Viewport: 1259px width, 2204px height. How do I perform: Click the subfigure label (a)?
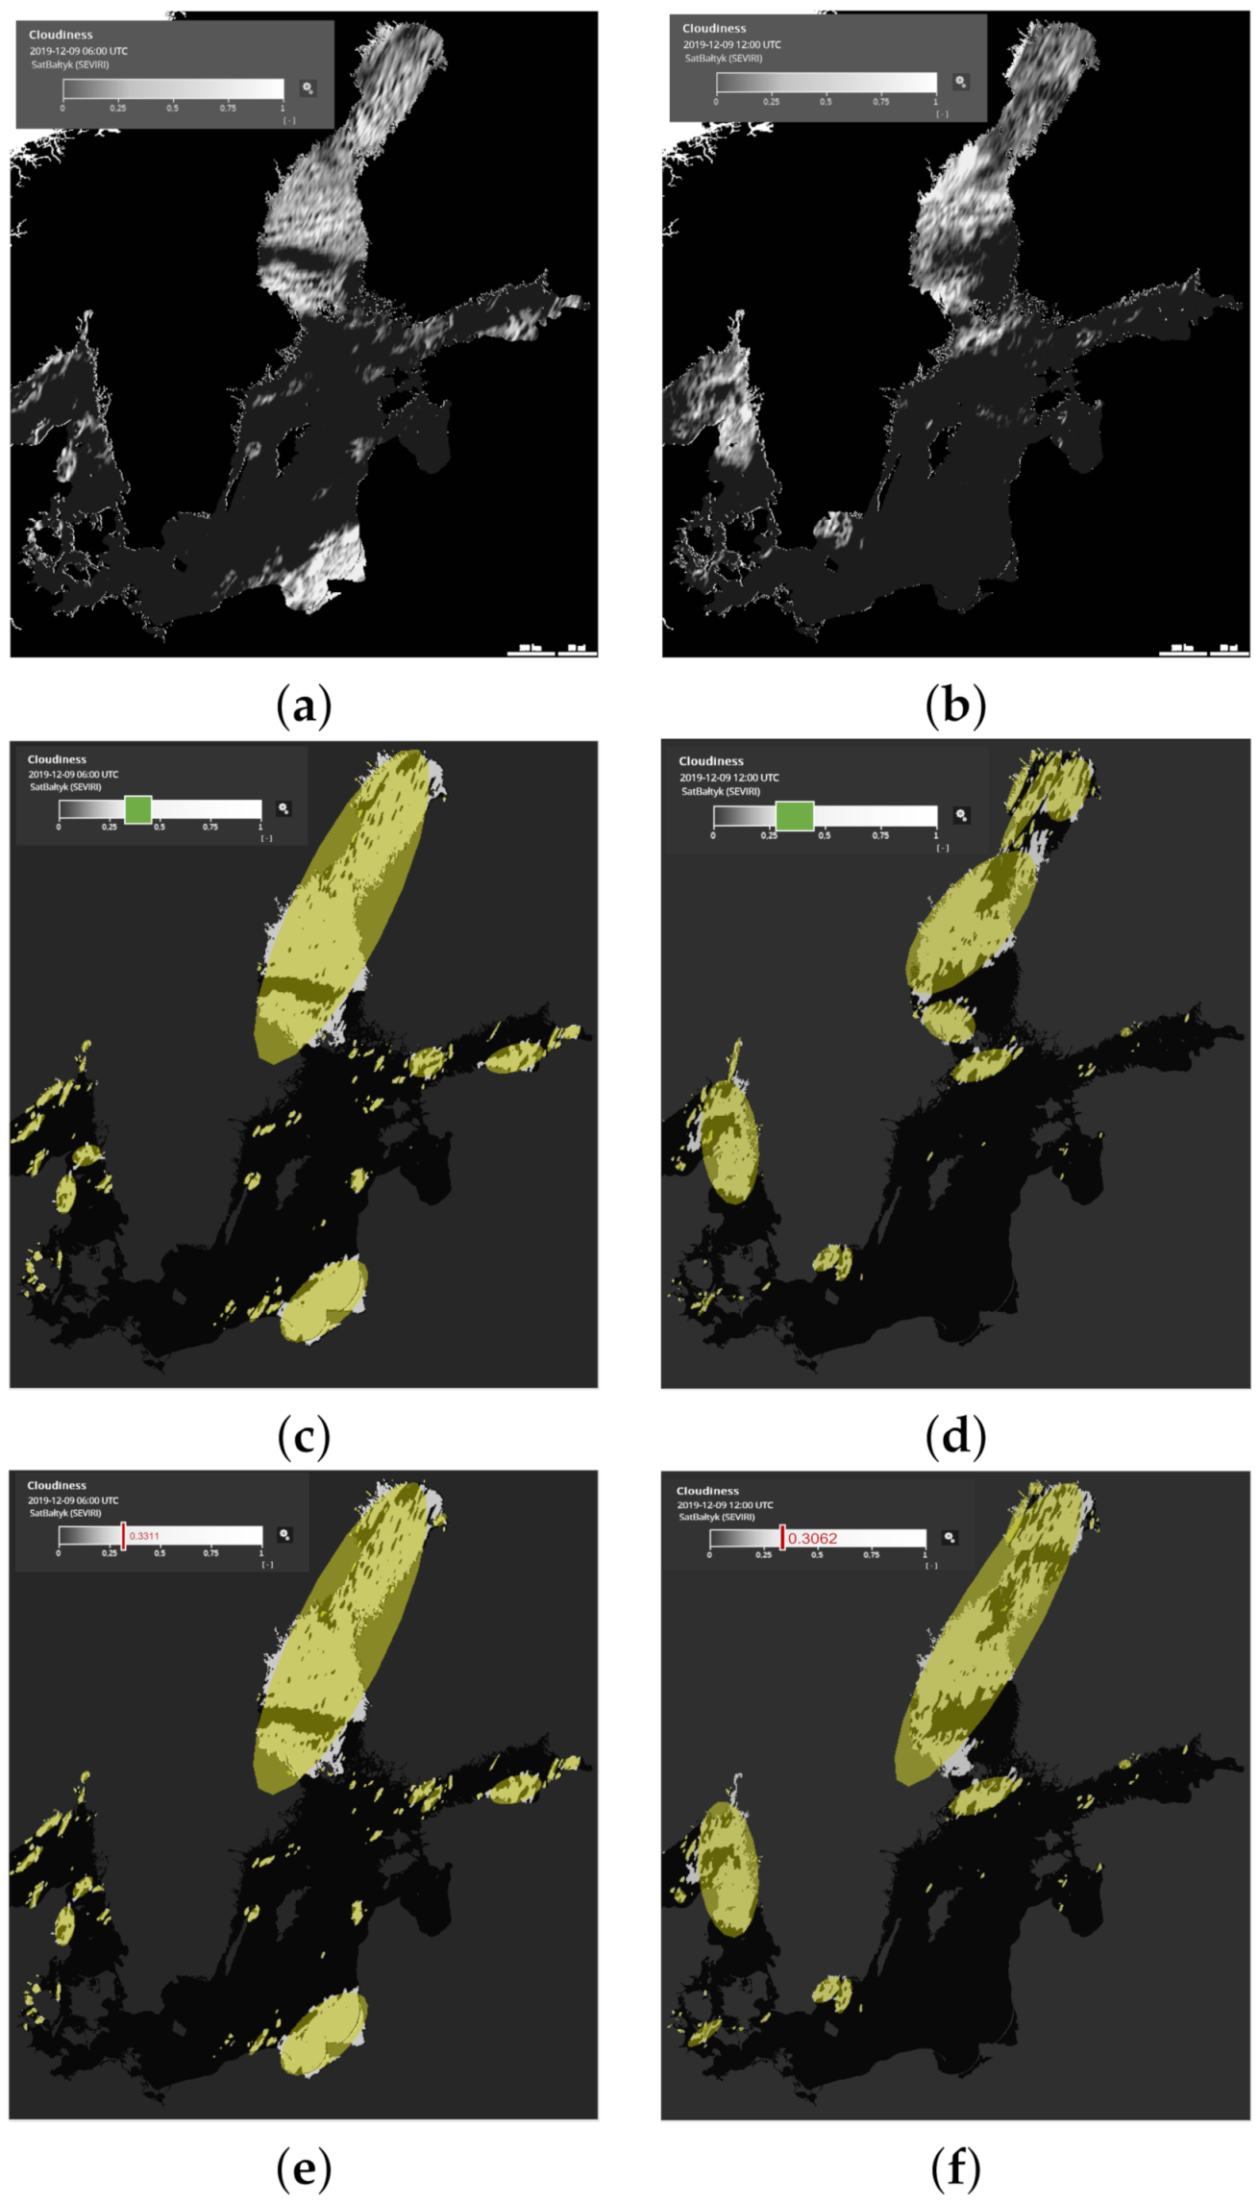coord(304,706)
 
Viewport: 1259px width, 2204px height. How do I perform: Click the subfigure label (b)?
coord(955,706)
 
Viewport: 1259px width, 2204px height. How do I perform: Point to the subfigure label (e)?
coord(304,2168)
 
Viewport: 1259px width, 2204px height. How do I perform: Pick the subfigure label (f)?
coord(955,2168)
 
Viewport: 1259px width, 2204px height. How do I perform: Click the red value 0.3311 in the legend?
coord(144,1536)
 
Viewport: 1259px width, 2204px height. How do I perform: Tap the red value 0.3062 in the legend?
coord(812,1539)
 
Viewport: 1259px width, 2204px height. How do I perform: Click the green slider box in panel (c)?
coord(138,809)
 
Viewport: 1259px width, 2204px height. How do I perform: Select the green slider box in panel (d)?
coord(794,816)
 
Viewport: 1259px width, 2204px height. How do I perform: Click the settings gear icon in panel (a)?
coord(308,88)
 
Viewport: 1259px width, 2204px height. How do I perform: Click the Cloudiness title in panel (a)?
coord(61,35)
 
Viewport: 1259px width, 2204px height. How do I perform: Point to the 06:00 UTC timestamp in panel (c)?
coord(73,774)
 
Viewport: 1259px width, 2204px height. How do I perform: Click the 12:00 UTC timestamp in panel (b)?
coord(732,44)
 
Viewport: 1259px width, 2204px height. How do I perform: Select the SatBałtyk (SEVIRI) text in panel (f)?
coord(716,1517)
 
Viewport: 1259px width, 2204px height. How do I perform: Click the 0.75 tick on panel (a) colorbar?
coord(228,108)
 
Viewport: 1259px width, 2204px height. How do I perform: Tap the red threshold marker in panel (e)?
coord(123,1535)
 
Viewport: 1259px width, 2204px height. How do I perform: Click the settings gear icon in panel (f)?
coord(950,1538)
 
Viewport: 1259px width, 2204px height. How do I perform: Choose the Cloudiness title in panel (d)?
coord(711,760)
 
